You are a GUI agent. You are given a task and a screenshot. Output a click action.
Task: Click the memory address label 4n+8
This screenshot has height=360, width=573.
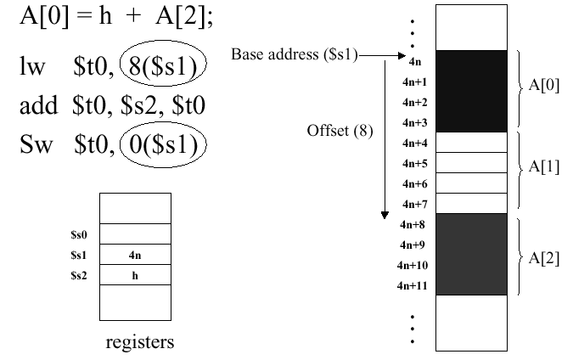413,224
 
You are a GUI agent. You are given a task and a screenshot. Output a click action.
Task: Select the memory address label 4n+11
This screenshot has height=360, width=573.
411,285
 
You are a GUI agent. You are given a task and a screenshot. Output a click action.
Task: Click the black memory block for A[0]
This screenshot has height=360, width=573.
471,91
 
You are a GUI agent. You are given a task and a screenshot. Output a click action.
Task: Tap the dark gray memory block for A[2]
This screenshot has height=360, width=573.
471,254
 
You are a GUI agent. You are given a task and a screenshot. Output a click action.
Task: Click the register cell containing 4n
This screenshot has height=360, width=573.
135,254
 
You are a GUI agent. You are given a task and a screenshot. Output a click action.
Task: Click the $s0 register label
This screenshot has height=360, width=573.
80,233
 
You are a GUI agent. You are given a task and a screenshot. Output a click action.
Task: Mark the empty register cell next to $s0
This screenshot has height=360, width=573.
135,233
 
